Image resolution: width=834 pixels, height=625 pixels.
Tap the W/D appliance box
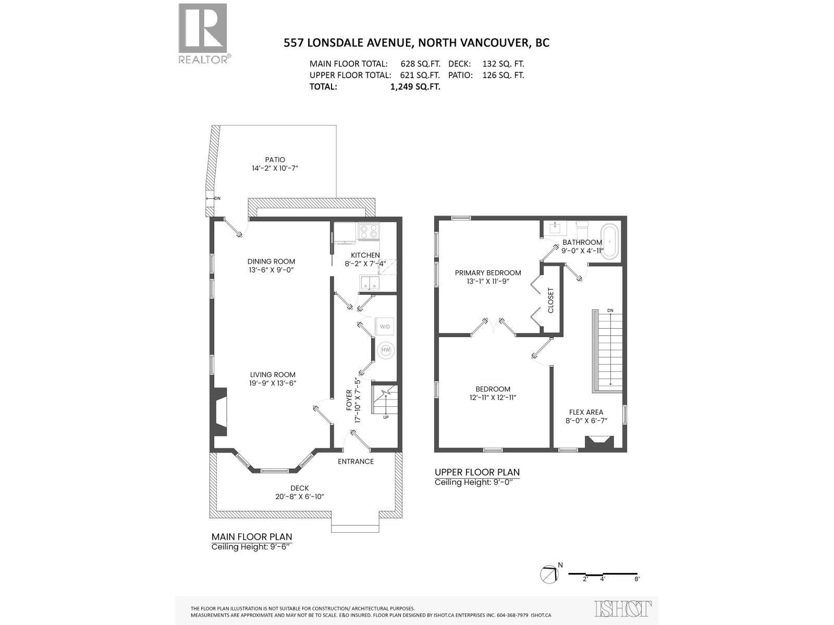pyautogui.click(x=385, y=327)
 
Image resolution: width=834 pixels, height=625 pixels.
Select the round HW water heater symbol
pyautogui.click(x=386, y=350)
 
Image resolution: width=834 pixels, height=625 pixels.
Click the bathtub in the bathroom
pyautogui.click(x=609, y=241)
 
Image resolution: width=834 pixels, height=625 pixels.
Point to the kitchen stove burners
pyautogui.click(x=368, y=231)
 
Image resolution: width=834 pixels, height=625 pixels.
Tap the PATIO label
pyautogui.click(x=275, y=160)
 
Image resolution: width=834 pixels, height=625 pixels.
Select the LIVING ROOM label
pyautogui.click(x=273, y=374)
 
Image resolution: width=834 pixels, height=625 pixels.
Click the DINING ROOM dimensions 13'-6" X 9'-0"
pyautogui.click(x=271, y=270)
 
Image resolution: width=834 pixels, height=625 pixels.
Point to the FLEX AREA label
pyautogui.click(x=586, y=412)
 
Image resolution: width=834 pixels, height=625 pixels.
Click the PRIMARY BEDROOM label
pyautogui.click(x=488, y=272)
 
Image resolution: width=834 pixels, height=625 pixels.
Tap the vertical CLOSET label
pyautogui.click(x=551, y=301)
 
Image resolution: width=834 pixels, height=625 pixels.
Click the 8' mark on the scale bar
pyautogui.click(x=637, y=579)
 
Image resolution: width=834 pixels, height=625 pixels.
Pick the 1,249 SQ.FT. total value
pyautogui.click(x=415, y=86)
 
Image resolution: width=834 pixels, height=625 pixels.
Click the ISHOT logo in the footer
pyautogui.click(x=623, y=608)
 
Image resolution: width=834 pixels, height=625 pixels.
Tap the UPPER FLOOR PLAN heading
pyautogui.click(x=477, y=472)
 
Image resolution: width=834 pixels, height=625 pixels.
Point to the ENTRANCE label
pyautogui.click(x=355, y=461)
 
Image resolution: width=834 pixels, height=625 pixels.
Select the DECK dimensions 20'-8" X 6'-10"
pyautogui.click(x=300, y=496)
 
